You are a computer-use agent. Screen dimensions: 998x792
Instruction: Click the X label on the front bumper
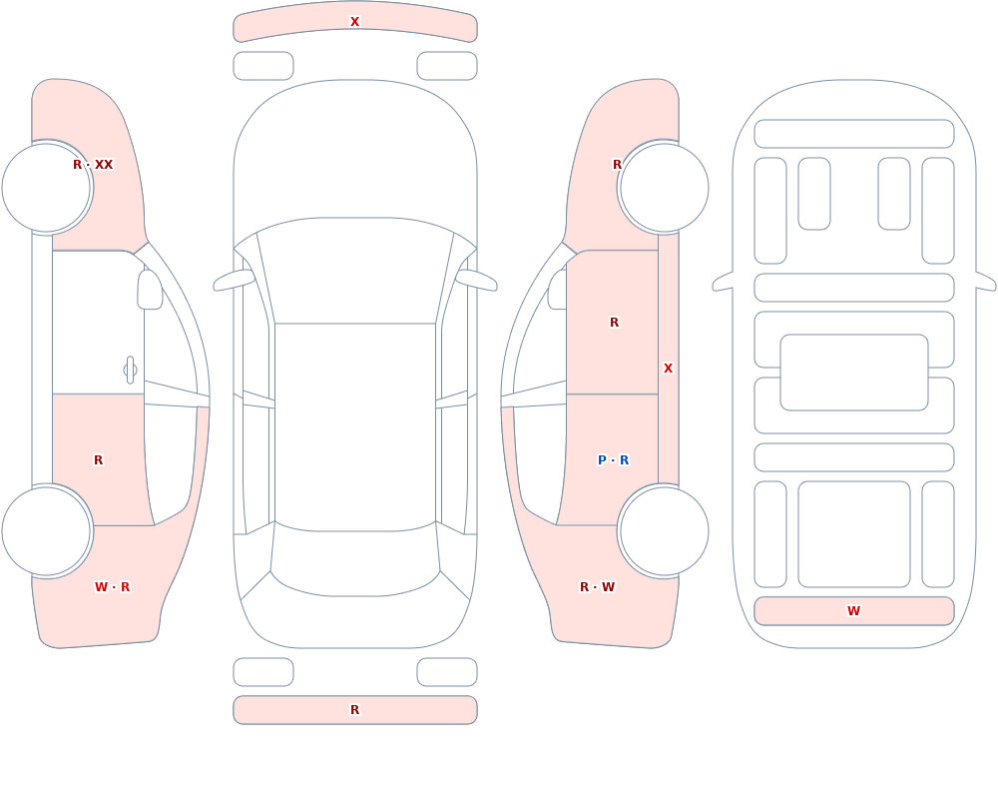[354, 22]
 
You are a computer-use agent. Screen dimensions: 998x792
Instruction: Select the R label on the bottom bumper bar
[354, 710]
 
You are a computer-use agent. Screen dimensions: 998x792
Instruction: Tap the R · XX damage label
[93, 165]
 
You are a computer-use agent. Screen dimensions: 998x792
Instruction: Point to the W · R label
[112, 587]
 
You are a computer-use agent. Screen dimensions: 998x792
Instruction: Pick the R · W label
[597, 587]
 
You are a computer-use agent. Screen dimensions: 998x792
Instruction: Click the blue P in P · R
[602, 460]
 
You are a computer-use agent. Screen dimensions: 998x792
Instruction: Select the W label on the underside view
[853, 611]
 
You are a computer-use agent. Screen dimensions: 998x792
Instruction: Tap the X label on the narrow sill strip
[668, 369]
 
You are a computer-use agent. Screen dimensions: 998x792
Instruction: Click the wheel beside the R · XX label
[47, 188]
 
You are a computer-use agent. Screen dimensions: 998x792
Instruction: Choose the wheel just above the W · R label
[47, 530]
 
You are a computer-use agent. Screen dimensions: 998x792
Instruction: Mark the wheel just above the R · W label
[664, 530]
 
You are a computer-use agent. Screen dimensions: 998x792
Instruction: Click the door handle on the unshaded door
[130, 371]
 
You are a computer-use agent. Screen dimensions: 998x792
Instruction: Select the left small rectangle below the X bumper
[263, 66]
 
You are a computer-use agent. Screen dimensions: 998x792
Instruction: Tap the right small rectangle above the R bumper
[447, 672]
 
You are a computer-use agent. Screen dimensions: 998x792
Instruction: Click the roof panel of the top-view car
[355, 426]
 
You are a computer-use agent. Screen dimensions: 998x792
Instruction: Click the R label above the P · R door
[614, 323]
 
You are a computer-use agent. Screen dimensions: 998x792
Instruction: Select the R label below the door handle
[98, 460]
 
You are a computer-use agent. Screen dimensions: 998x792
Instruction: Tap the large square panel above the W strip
[854, 534]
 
